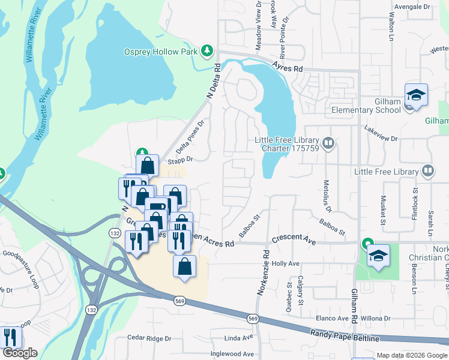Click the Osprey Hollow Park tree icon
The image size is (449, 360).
[x=208, y=50]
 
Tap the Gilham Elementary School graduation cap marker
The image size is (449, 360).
[x=415, y=95]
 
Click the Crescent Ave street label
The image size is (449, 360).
[x=294, y=239]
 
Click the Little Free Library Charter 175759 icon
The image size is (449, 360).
[x=328, y=143]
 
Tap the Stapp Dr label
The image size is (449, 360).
[x=180, y=160]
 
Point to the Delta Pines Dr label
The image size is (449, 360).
[x=191, y=136]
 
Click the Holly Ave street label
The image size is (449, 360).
[x=286, y=263]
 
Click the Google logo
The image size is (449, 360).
[x=20, y=353]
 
